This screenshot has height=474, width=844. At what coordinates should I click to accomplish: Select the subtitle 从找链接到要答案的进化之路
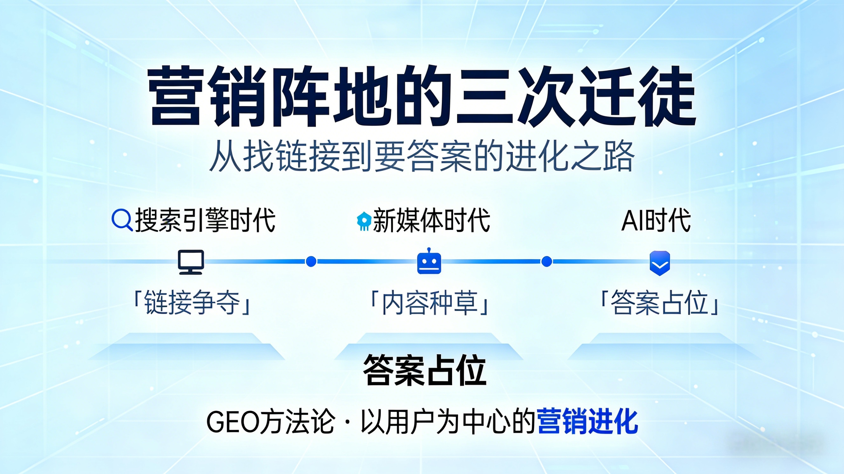point(422,156)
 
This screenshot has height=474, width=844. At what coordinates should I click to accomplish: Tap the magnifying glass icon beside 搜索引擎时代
point(122,220)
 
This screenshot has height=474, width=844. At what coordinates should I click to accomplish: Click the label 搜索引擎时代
point(205,220)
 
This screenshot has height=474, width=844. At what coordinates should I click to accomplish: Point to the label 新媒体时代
point(431,220)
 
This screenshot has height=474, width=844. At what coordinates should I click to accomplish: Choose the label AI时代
point(656,220)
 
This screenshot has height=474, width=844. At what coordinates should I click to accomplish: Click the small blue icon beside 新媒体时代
point(364,221)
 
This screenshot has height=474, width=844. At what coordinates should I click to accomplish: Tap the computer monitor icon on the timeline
point(191,262)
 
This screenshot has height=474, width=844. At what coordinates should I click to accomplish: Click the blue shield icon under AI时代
point(660,263)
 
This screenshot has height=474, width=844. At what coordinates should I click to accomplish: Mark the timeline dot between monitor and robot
point(311,262)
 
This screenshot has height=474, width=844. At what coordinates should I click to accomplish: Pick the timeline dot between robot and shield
point(546,262)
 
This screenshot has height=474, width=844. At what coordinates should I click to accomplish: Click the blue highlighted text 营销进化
point(587,421)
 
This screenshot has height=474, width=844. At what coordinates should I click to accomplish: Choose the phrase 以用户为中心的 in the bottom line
point(447,422)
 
